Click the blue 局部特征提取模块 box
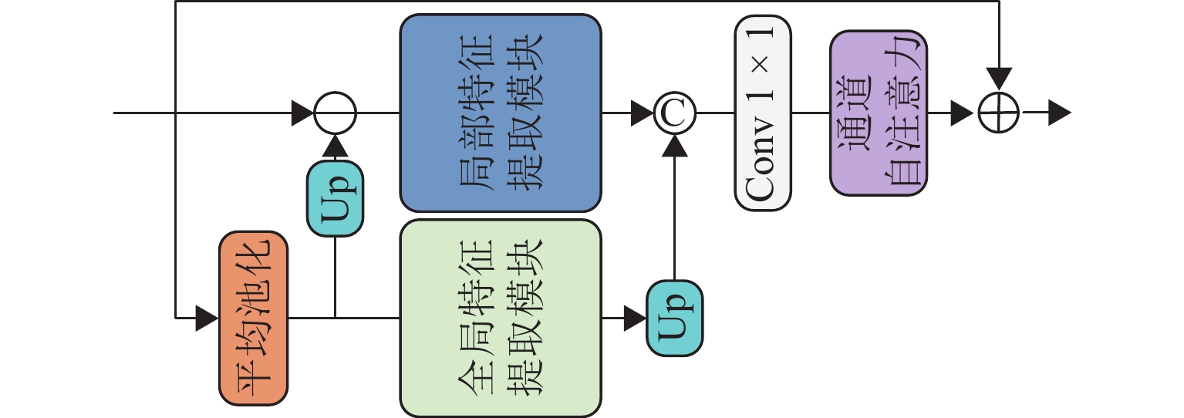pos(500,113)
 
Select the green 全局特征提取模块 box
pos(500,318)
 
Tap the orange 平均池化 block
pos(253,318)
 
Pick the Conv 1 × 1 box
pos(763,113)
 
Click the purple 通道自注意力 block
pos(879,113)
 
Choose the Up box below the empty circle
pos(335,199)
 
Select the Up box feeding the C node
pos(674,318)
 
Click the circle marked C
pos(674,113)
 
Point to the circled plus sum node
pos(999,113)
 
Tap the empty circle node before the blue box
pos(335,113)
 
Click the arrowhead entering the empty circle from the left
pos(303,113)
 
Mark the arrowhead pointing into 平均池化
pos(207,318)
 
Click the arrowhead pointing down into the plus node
pos(999,78)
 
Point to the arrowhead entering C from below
pos(674,145)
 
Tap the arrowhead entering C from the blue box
pos(642,113)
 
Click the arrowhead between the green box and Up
pos(635,316)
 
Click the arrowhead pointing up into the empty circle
pos(335,145)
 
